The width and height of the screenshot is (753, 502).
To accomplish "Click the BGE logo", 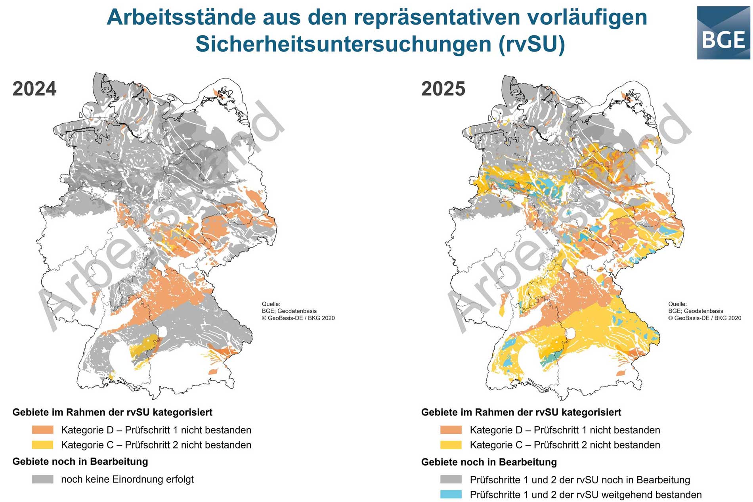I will tap(723, 33).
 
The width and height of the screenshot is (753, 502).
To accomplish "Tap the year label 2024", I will tap(34, 88).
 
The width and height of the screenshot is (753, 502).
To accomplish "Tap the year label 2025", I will tap(443, 88).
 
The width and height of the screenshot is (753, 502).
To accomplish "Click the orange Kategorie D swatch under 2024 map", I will tap(42, 430).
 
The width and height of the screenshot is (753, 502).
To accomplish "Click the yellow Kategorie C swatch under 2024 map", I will tap(42, 445).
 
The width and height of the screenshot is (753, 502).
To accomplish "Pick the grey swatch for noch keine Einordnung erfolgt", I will tap(42, 479).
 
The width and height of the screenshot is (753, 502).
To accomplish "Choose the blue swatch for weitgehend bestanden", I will tap(451, 494).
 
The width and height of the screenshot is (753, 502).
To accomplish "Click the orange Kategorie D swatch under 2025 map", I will tap(451, 430).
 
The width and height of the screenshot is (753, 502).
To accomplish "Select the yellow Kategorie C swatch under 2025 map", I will tap(451, 445).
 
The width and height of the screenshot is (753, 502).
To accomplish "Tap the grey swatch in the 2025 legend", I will tap(451, 479).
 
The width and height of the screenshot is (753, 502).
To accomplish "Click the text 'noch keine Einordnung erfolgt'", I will tap(127, 479).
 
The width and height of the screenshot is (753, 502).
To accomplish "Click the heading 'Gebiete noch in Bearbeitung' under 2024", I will tap(80, 462).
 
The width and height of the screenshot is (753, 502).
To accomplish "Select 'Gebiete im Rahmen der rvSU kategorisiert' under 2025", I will tap(521, 412).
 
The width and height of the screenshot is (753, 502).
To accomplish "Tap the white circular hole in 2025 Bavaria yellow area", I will tap(571, 333).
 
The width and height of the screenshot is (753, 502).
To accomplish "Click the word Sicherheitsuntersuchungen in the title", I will tap(343, 44).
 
